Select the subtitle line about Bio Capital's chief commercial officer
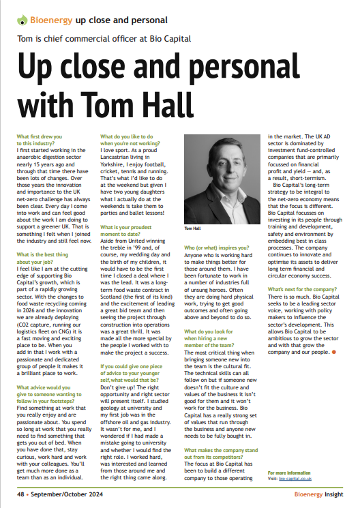[x=104, y=38]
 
